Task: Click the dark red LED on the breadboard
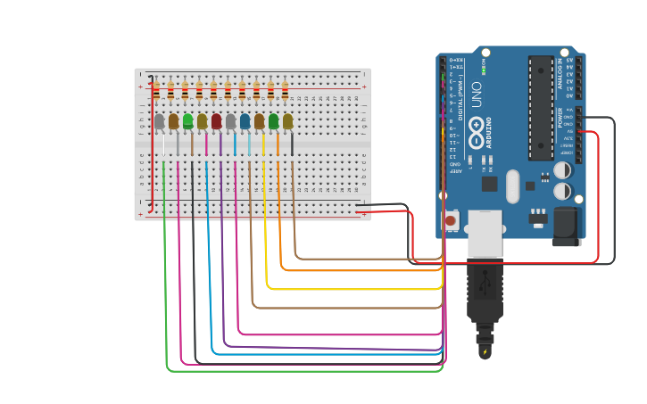(x=216, y=121)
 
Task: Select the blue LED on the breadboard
(x=245, y=121)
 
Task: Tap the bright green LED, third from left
(x=187, y=121)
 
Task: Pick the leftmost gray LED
(x=160, y=121)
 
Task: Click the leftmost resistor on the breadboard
(x=156, y=91)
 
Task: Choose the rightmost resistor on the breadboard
(x=285, y=91)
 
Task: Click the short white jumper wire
(x=163, y=143)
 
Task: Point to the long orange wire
(x=357, y=269)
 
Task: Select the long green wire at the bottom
(x=303, y=370)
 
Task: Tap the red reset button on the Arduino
(x=450, y=220)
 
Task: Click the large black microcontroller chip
(x=540, y=107)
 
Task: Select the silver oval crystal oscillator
(x=512, y=186)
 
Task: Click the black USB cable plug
(x=485, y=290)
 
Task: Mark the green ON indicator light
(x=483, y=70)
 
